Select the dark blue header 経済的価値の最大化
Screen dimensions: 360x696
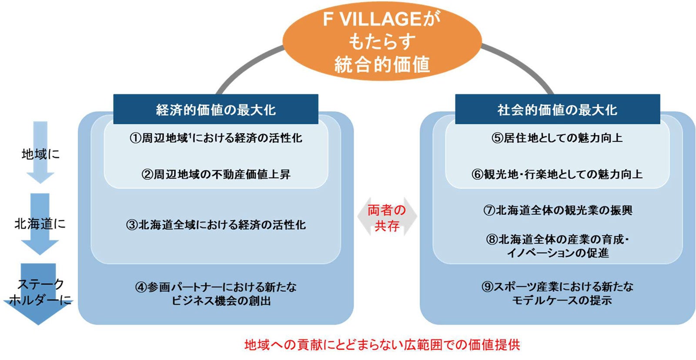[216, 110]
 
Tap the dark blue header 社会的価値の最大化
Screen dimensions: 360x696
[557, 110]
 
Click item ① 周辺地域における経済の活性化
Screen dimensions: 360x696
[216, 138]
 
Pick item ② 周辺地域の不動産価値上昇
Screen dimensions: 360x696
[216, 175]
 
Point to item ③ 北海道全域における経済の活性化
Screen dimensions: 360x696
[216, 225]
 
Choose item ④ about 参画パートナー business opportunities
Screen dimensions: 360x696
[216, 294]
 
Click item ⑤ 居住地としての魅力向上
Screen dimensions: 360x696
[557, 138]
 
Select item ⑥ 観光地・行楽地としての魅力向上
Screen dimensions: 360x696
[557, 175]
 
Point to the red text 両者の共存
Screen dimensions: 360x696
[387, 218]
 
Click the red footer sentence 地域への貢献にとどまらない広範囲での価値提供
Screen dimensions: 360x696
[382, 345]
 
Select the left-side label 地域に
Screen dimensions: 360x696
[40, 154]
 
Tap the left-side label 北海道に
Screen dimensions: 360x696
[40, 224]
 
